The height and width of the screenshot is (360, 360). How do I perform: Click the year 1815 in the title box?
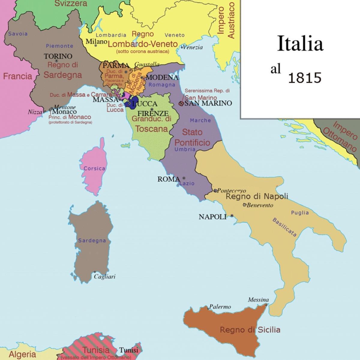click(x=304, y=78)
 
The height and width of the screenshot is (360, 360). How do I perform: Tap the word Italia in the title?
click(x=300, y=44)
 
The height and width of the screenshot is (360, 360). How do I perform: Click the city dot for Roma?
click(x=184, y=178)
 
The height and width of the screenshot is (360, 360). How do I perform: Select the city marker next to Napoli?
click(x=232, y=216)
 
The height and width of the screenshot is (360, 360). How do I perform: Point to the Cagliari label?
click(x=105, y=277)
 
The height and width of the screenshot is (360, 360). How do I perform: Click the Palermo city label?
click(x=220, y=307)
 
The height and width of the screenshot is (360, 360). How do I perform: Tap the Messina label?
click(x=258, y=300)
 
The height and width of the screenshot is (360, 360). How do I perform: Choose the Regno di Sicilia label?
click(x=250, y=330)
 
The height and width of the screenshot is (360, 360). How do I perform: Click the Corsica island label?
click(x=94, y=168)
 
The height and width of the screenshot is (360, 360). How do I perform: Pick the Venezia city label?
click(x=193, y=47)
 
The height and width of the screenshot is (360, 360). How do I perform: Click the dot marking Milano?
click(x=96, y=46)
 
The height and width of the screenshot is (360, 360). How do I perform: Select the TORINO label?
click(x=58, y=56)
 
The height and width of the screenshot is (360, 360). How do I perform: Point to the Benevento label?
click(x=260, y=205)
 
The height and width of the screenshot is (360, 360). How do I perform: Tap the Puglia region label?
click(x=300, y=213)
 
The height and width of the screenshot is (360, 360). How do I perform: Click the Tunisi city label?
click(x=129, y=350)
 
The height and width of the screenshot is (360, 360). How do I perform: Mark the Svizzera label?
click(x=71, y=4)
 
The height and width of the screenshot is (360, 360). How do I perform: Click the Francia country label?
click(x=17, y=76)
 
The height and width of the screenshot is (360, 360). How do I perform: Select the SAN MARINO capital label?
click(x=208, y=103)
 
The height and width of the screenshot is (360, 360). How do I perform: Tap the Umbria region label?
click(x=185, y=149)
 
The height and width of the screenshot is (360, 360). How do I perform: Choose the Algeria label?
click(x=22, y=354)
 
